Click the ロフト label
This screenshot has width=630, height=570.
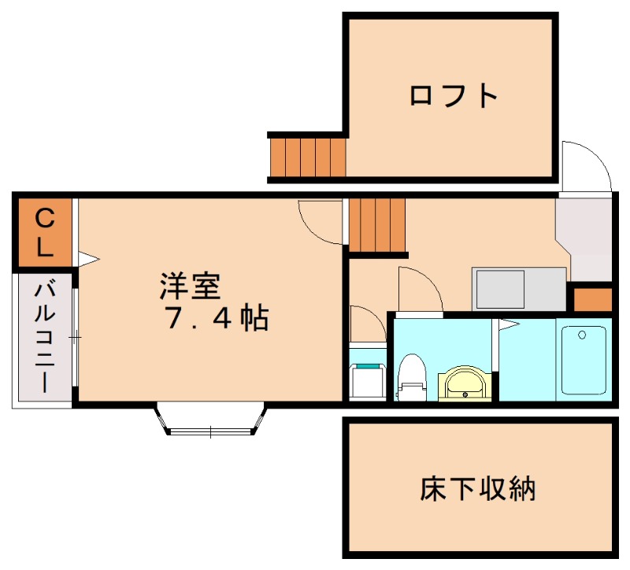pyautogui.click(x=454, y=95)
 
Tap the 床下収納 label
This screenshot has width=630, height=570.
pyautogui.click(x=478, y=489)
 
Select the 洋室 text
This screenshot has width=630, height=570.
pyautogui.click(x=189, y=286)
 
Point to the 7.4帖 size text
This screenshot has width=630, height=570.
pyautogui.click(x=216, y=318)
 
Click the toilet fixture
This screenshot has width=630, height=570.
pyautogui.click(x=410, y=378)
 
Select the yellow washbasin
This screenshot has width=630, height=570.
pyautogui.click(x=465, y=384)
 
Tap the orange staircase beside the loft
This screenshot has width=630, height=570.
pyautogui.click(x=308, y=157)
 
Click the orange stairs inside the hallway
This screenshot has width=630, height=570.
pyautogui.click(x=376, y=226)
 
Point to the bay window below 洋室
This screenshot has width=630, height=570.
pyautogui.click(x=211, y=419)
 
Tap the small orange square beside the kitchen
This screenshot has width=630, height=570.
pyautogui.click(x=591, y=300)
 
